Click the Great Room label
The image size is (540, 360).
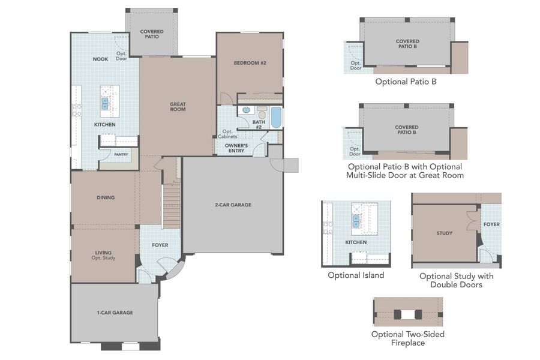pyautogui.click(x=178, y=106)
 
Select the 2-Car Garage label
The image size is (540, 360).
pyautogui.click(x=233, y=205)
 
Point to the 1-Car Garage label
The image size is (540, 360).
pyautogui.click(x=115, y=312)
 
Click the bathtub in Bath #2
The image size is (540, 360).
pyautogui.click(x=276, y=117)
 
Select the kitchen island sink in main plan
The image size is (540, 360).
pyautogui.click(x=105, y=103)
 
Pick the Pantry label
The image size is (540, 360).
pyautogui.click(x=121, y=154)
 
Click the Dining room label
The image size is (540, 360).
pyautogui.click(x=106, y=197)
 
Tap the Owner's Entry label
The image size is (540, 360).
pyautogui.click(x=236, y=148)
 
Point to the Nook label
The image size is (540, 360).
pyautogui.click(x=100, y=59)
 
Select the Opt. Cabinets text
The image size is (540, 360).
pyautogui.click(x=227, y=134)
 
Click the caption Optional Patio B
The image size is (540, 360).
pyautogui.click(x=406, y=80)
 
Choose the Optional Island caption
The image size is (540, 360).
pyautogui.click(x=356, y=275)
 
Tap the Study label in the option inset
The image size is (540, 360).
pyautogui.click(x=445, y=233)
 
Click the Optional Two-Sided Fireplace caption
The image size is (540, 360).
pyautogui.click(x=407, y=338)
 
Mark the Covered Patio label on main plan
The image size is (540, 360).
pyautogui.click(x=152, y=34)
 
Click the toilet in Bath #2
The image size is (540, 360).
pyautogui.click(x=262, y=113)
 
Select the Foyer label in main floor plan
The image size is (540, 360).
pyautogui.click(x=160, y=245)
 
